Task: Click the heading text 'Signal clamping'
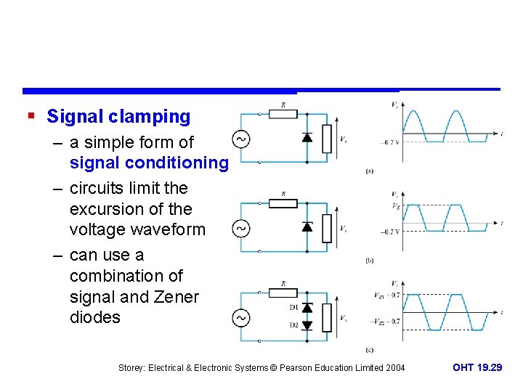tap(118, 116)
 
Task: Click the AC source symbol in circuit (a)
tap(240, 138)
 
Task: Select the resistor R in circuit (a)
tap(283, 114)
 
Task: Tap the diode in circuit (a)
tap(307, 137)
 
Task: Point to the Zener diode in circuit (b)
tap(307, 226)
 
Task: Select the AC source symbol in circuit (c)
tap(240, 318)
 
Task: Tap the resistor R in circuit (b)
tap(283, 203)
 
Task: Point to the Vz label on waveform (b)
tap(394, 205)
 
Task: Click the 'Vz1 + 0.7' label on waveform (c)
tap(387, 295)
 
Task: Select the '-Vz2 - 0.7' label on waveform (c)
tap(386, 320)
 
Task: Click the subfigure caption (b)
tap(370, 260)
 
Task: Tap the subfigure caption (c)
tap(370, 350)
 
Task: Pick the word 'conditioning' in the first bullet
tap(185, 163)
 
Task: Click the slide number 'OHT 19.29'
tap(477, 368)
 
